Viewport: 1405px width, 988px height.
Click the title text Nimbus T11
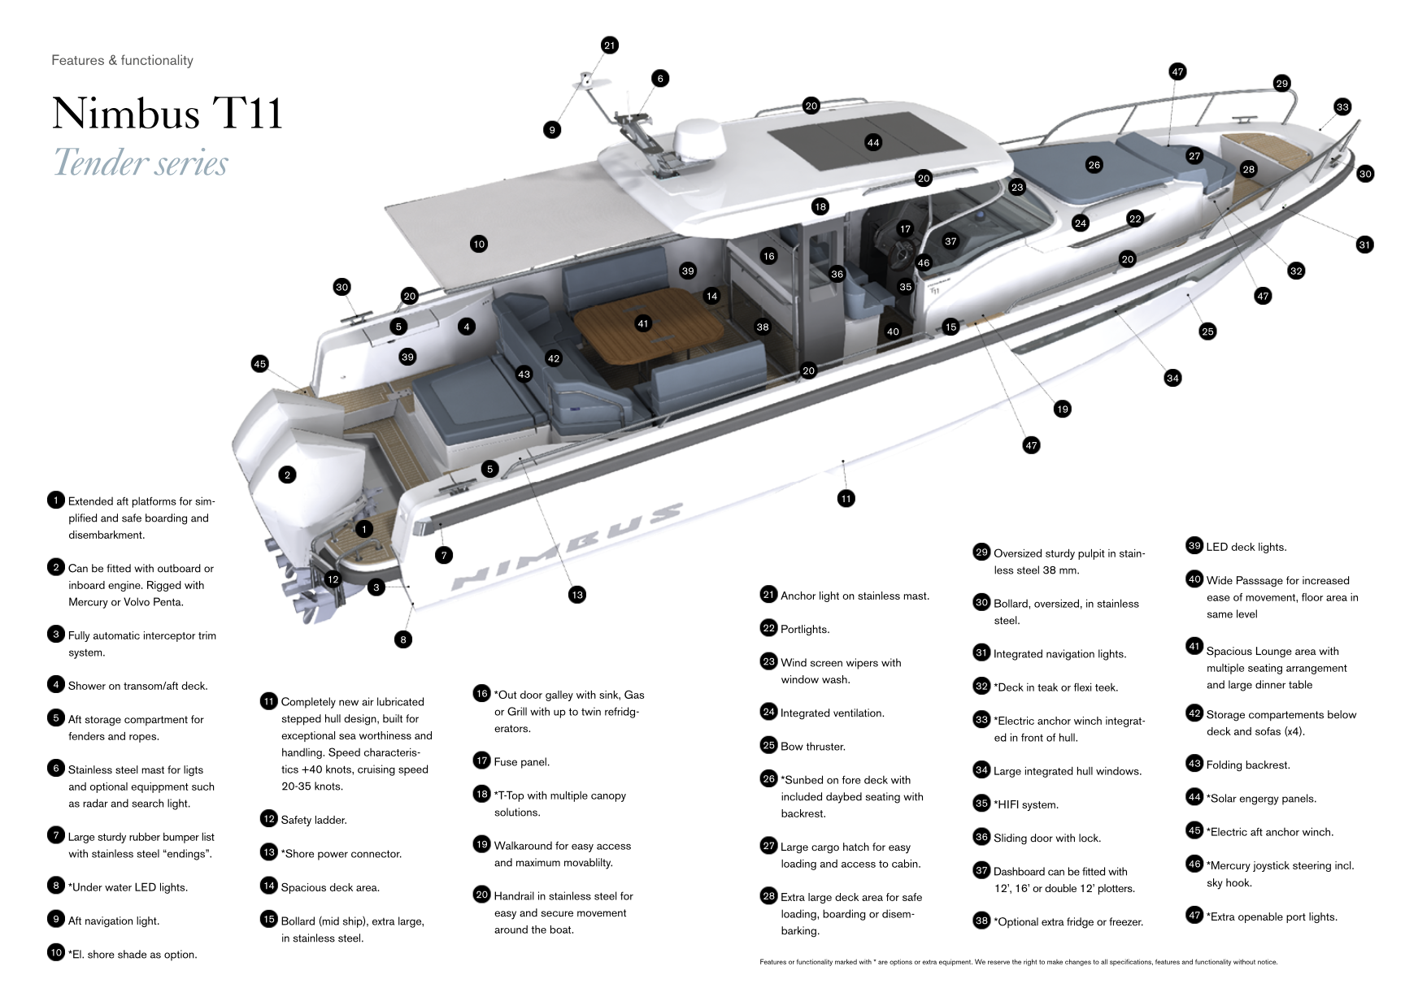[x=167, y=113]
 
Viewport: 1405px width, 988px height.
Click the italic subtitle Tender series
[x=141, y=163]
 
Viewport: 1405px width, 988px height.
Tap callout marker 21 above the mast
[x=610, y=45]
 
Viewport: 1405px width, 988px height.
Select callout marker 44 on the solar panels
[x=873, y=143]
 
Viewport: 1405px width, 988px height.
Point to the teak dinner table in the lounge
[x=648, y=336]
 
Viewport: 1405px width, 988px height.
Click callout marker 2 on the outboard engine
[x=287, y=475]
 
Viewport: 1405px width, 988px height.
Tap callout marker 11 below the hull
[x=846, y=499]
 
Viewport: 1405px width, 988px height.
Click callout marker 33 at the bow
[x=1342, y=107]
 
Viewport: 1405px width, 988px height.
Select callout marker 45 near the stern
[x=260, y=364]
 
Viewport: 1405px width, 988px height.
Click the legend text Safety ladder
[x=313, y=820]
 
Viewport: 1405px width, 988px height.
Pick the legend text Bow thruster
[x=812, y=747]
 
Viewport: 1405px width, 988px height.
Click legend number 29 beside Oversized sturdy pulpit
[x=981, y=552]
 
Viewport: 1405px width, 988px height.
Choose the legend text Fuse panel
[x=521, y=762]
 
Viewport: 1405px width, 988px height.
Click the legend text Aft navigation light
[x=113, y=921]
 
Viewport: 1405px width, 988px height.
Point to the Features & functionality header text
[x=122, y=60]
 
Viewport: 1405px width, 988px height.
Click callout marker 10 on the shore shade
[x=479, y=244]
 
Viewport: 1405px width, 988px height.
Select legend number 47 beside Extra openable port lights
[x=1194, y=915]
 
